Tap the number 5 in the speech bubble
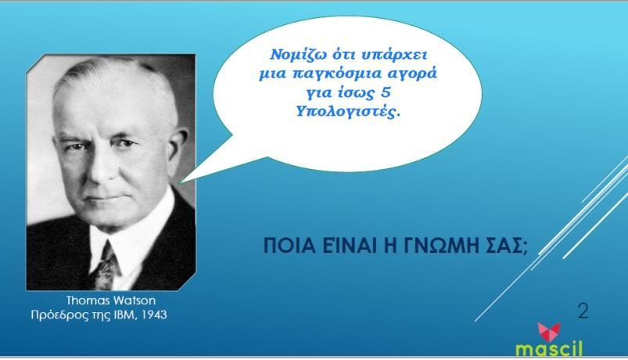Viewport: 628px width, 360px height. pyautogui.click(x=386, y=92)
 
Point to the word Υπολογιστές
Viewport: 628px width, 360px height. pyautogui.click(x=349, y=111)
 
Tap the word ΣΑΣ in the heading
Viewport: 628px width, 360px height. pyautogui.click(x=505, y=245)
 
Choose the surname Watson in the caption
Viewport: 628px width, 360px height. pyautogui.click(x=135, y=301)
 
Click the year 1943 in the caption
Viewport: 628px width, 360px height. pyautogui.click(x=155, y=315)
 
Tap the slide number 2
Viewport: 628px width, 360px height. pyautogui.click(x=583, y=311)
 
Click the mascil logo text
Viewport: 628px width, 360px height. pyautogui.click(x=549, y=348)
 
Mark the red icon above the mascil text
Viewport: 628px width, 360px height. pyautogui.click(x=549, y=332)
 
